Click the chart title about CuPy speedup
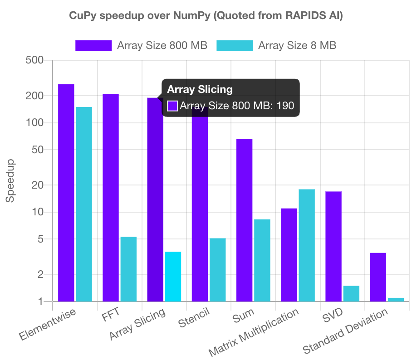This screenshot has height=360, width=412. [x=206, y=16]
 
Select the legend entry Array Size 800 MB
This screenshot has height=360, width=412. [x=141, y=45]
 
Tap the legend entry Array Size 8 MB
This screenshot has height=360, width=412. [x=276, y=45]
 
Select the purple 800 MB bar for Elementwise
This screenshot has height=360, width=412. [x=66, y=193]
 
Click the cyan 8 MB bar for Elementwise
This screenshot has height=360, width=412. [x=84, y=204]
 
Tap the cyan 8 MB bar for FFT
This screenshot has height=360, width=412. [x=128, y=269]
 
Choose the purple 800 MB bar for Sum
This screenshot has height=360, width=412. [x=244, y=220]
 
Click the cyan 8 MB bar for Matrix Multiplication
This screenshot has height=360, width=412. [x=307, y=245]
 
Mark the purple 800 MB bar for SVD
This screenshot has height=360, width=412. [x=334, y=246]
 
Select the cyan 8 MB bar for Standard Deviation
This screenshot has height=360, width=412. [x=396, y=299]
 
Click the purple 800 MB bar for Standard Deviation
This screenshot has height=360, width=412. [x=378, y=277]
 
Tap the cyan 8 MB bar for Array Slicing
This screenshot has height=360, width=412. [x=173, y=277]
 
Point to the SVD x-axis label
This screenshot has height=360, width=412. [x=334, y=314]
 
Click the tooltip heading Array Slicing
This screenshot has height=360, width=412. [x=200, y=89]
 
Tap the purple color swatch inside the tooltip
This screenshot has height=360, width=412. [x=172, y=106]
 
